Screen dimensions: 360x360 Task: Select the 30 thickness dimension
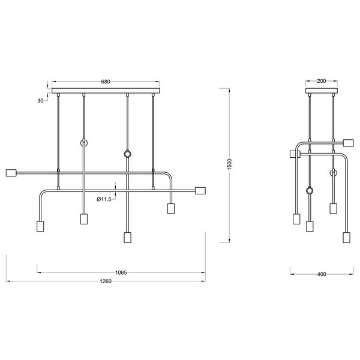(x=41, y=101)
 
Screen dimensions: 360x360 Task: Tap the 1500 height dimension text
(x=229, y=164)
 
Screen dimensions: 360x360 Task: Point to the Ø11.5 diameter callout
(x=105, y=199)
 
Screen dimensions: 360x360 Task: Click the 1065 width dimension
(x=122, y=272)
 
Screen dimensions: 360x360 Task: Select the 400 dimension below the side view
(x=321, y=275)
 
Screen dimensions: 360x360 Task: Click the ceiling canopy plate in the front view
(x=106, y=92)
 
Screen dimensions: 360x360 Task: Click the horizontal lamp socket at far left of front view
(x=10, y=173)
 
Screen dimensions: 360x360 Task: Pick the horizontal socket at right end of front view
(x=202, y=191)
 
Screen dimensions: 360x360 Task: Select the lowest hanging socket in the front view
(x=127, y=237)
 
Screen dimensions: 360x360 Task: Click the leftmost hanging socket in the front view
(x=41, y=227)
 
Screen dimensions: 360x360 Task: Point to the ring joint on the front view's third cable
(x=127, y=155)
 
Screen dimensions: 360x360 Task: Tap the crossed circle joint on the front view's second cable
(x=84, y=143)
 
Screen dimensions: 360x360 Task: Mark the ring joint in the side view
(x=310, y=191)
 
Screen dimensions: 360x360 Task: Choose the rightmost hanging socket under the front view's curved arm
(x=170, y=208)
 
